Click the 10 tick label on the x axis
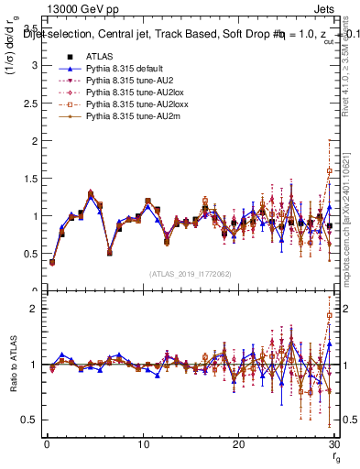pyautogui.click(x=142, y=444)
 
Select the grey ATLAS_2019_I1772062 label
pyautogui.click(x=191, y=274)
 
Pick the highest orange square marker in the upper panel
pyautogui.click(x=329, y=171)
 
